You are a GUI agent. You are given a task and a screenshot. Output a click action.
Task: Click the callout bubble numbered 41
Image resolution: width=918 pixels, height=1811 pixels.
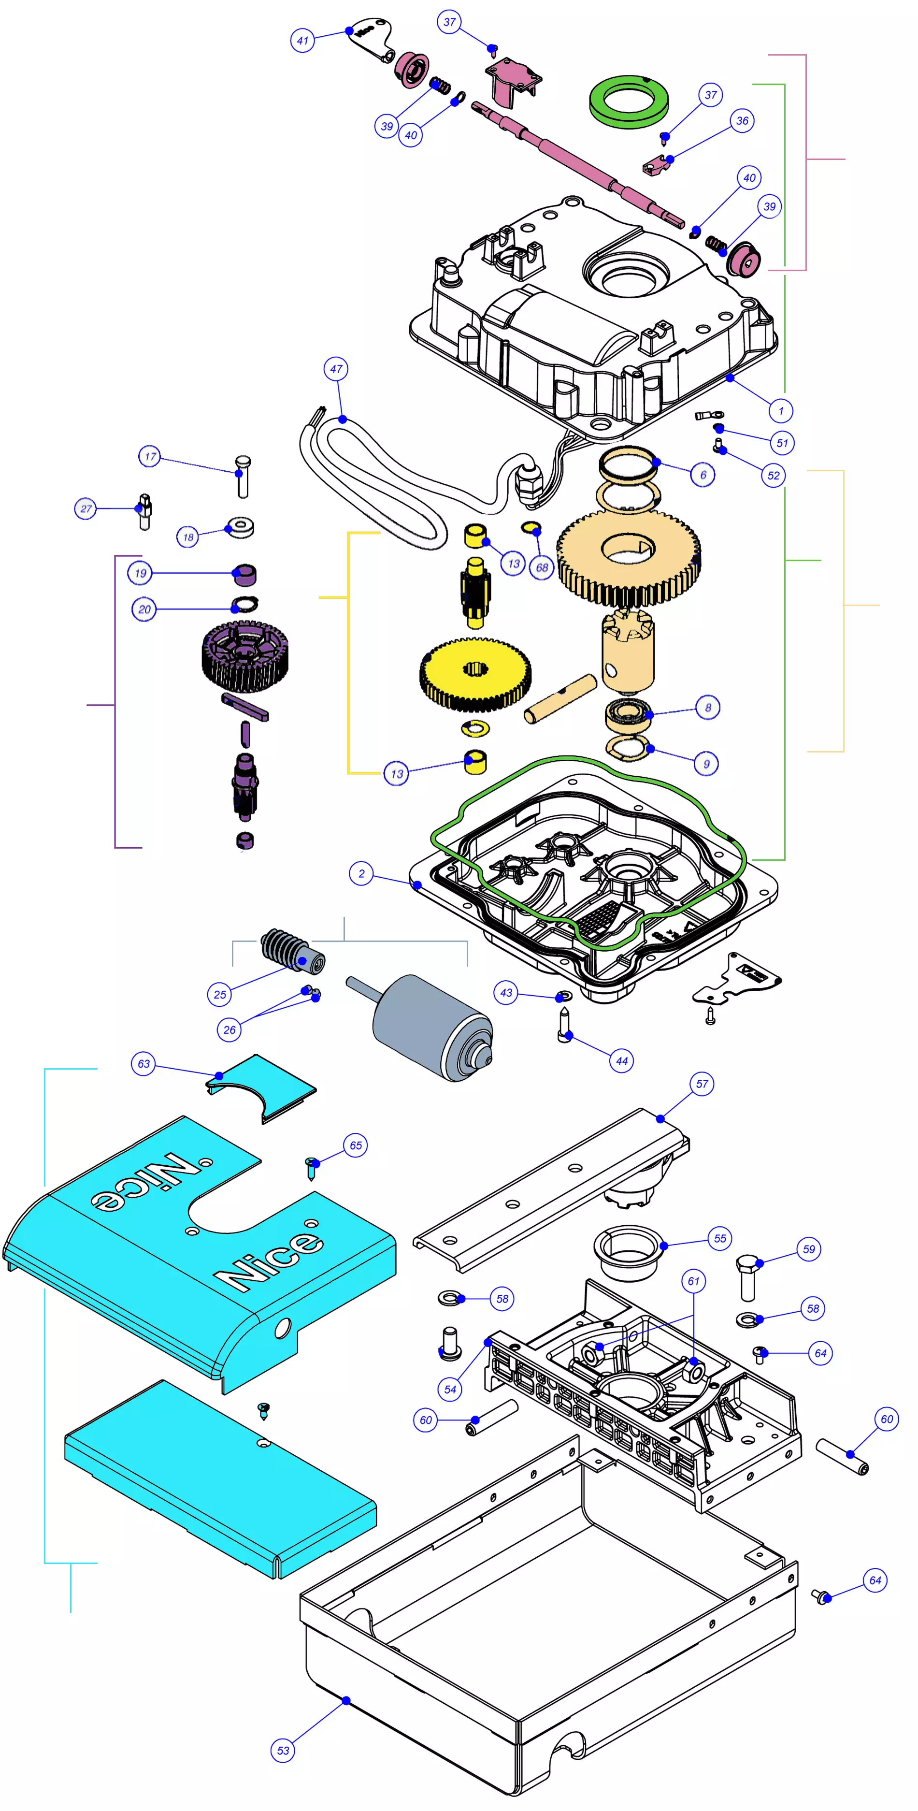pyautogui.click(x=302, y=40)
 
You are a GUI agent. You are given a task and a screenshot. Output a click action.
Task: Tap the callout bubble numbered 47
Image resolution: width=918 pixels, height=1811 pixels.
pyautogui.click(x=336, y=368)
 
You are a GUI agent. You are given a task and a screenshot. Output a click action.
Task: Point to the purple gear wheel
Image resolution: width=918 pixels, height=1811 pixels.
pyautogui.click(x=244, y=656)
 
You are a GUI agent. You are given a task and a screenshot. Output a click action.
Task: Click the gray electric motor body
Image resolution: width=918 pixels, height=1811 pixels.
pyautogui.click(x=430, y=1028)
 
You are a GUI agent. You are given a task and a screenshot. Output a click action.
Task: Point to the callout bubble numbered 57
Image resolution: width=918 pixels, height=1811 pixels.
pyautogui.click(x=702, y=1084)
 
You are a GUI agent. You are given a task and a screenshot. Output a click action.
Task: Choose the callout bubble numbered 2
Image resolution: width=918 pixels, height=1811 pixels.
pyautogui.click(x=361, y=874)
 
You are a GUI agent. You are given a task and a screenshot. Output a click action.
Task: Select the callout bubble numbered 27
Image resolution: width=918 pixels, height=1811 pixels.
pyautogui.click(x=86, y=508)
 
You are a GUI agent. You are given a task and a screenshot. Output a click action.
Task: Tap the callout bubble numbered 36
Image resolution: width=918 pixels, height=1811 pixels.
pyautogui.click(x=742, y=121)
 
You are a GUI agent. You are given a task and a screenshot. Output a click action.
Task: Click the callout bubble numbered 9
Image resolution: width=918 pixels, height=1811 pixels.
pyautogui.click(x=706, y=764)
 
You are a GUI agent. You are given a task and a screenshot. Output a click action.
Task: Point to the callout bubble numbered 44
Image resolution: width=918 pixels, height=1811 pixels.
pyautogui.click(x=621, y=1061)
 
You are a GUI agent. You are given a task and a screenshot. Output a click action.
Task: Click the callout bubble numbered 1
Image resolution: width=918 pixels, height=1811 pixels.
pyautogui.click(x=780, y=410)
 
